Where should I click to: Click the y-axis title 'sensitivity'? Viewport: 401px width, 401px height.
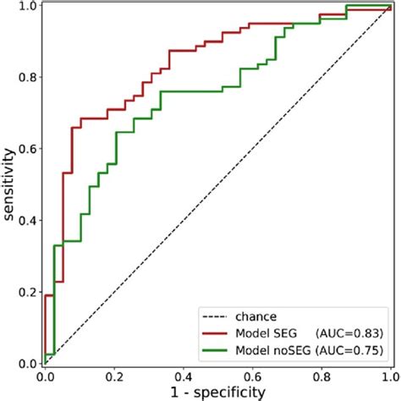(x=10, y=184)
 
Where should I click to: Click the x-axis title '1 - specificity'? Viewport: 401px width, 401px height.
(x=217, y=391)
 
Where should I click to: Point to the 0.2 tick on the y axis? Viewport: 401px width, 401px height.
(x=27, y=293)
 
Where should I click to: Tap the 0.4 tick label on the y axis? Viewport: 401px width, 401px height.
(x=27, y=221)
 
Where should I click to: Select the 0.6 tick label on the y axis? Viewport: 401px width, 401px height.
(x=27, y=149)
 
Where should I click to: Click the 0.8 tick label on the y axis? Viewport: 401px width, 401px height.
(x=27, y=77)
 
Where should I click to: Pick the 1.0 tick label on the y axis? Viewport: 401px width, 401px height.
(x=27, y=7)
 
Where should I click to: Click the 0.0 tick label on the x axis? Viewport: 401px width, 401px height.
(x=44, y=375)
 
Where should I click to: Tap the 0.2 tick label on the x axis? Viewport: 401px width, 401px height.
(x=113, y=375)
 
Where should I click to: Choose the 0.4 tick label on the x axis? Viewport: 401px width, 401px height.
(x=183, y=375)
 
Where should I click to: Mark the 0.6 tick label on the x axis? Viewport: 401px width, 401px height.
(x=251, y=375)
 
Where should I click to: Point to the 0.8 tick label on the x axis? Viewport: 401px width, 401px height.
(x=321, y=375)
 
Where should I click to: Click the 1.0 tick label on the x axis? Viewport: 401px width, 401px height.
(x=388, y=375)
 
